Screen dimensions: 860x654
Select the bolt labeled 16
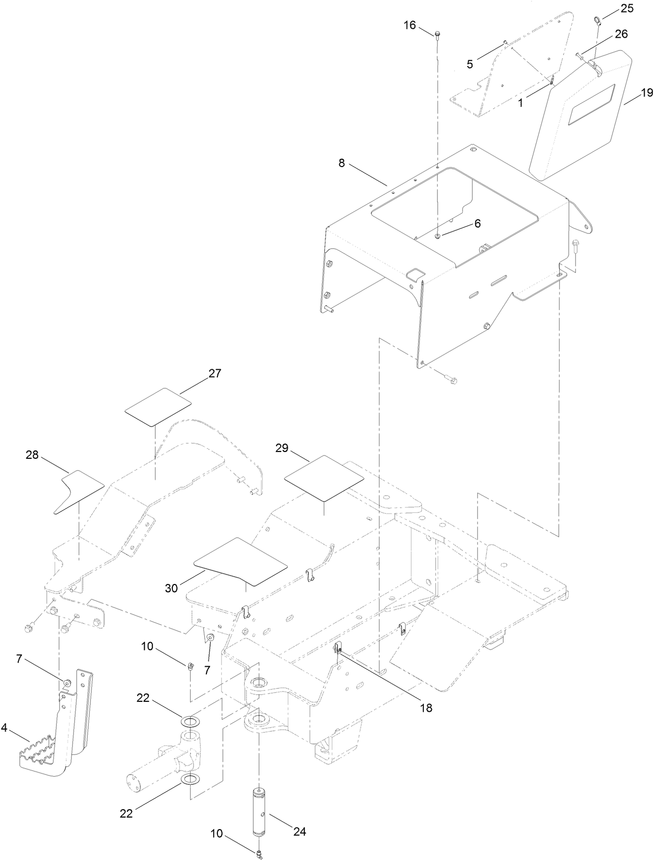[437, 35]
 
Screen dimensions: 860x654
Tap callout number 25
[627, 9]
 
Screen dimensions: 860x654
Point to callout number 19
[647, 93]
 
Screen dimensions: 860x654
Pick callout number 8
[342, 163]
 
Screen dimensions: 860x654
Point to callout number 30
[171, 588]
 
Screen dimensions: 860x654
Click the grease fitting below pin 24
[259, 855]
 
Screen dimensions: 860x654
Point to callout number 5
[470, 64]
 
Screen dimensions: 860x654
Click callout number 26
[621, 34]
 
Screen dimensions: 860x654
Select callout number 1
[520, 104]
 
